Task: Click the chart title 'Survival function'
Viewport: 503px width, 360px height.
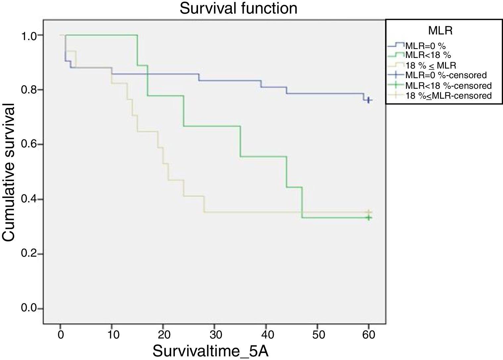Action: [x=238, y=8]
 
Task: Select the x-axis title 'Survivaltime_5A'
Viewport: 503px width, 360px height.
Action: [x=210, y=351]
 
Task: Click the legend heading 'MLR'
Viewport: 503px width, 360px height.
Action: [x=440, y=31]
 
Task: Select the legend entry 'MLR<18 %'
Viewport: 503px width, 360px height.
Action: [x=428, y=55]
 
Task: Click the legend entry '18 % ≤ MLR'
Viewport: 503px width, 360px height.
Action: [x=430, y=65]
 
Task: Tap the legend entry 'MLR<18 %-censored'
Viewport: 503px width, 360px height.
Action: [x=448, y=85]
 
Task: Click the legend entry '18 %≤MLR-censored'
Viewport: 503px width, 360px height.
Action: [x=448, y=96]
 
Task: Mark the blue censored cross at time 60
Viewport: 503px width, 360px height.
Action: [x=369, y=100]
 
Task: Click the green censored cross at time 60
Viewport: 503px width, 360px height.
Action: [x=369, y=218]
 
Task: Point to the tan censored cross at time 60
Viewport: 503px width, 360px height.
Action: [x=369, y=212]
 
